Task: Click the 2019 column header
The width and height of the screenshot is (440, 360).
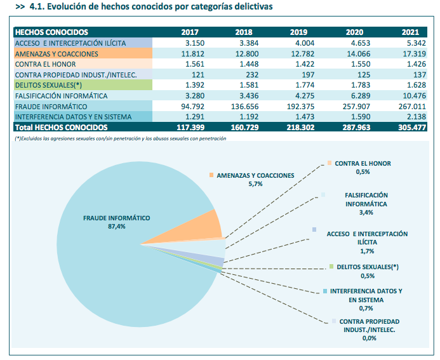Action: coord(298,32)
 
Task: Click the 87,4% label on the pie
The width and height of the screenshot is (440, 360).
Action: coord(117,225)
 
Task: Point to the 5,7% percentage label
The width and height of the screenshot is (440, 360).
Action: coord(256,183)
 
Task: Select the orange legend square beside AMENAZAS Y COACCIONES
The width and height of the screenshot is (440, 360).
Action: coord(211,175)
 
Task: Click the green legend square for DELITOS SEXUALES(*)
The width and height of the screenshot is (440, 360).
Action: coord(331,267)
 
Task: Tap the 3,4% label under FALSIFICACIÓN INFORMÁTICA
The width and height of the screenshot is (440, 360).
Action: coord(366,212)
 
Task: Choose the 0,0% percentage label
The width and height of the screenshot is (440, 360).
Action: coord(369,338)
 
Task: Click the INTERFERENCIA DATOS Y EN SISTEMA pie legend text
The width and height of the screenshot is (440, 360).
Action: coord(366,295)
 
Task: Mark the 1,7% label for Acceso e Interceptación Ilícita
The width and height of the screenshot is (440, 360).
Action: coord(366,251)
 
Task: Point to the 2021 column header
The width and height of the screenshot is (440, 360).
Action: coord(411,32)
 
